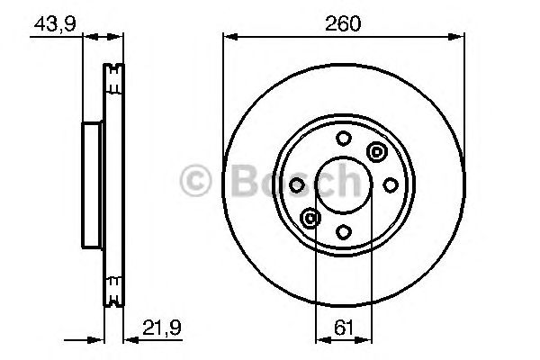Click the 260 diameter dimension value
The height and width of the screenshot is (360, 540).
click(x=344, y=24)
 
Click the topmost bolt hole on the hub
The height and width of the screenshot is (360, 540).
click(x=344, y=138)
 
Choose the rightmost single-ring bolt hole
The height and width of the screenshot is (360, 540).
click(x=390, y=184)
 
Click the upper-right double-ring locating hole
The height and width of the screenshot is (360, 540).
click(x=376, y=151)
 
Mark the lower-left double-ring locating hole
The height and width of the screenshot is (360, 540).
click(x=311, y=217)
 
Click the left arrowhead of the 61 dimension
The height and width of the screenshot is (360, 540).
click(x=320, y=339)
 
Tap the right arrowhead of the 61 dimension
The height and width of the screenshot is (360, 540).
click(x=367, y=339)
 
